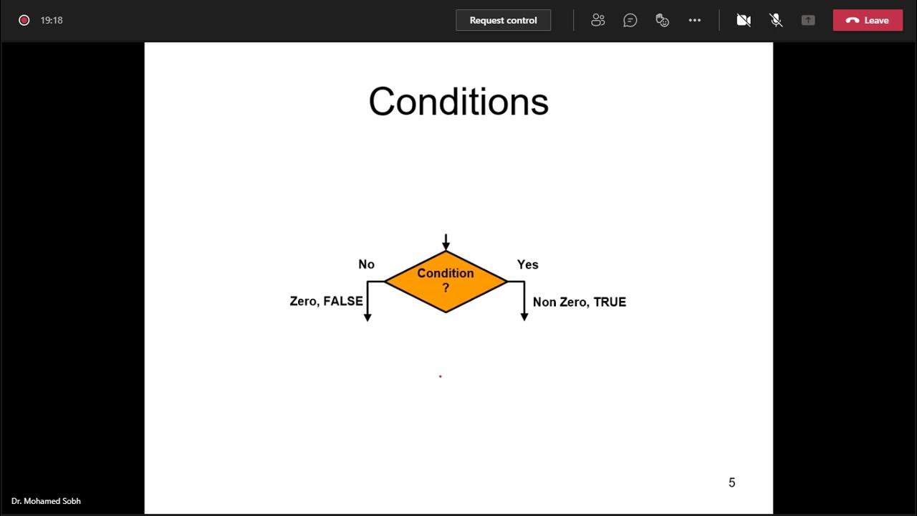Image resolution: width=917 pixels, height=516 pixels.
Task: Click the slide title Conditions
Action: tap(458, 102)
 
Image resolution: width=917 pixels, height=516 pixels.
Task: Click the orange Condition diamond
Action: tap(446, 281)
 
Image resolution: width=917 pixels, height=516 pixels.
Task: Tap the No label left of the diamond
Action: tap(366, 264)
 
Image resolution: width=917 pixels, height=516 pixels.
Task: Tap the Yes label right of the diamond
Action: tap(527, 264)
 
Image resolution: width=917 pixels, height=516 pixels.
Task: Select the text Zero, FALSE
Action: tap(326, 301)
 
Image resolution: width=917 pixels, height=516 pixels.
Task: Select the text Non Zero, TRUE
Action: tap(579, 302)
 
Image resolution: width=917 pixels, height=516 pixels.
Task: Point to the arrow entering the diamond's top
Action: tap(446, 242)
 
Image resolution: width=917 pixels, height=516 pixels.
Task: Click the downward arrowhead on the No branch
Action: tap(368, 317)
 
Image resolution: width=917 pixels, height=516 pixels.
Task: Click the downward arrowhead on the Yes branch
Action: tap(524, 317)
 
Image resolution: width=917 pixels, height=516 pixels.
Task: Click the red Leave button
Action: tap(868, 20)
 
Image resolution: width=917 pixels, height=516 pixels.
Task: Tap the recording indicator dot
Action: tap(24, 20)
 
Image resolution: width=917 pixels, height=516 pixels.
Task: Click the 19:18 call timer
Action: tap(52, 20)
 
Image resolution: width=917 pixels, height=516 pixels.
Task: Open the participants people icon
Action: tap(598, 20)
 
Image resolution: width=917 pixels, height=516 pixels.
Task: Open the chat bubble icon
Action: tap(630, 20)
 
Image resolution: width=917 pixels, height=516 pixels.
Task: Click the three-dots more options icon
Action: tap(694, 20)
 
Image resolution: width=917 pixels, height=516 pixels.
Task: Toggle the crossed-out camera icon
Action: tap(744, 20)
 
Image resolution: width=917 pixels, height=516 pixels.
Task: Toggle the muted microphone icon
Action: tap(776, 20)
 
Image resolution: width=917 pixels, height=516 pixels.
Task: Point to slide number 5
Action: tap(731, 482)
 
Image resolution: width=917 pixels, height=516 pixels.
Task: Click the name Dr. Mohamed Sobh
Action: tap(46, 501)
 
